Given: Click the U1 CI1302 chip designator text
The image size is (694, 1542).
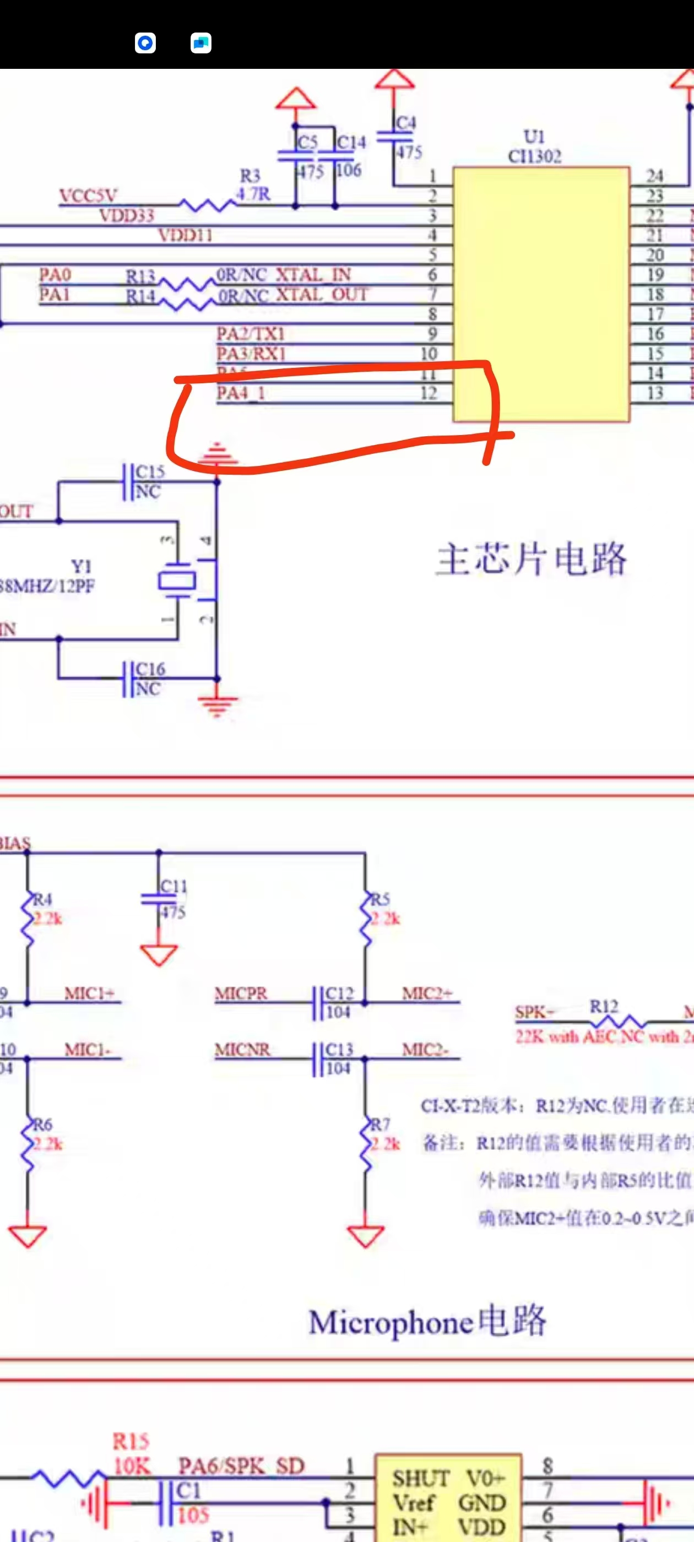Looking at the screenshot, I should (x=534, y=146).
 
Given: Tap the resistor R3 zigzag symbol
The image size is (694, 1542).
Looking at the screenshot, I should (x=208, y=205).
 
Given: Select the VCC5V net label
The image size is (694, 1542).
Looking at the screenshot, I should (x=88, y=196).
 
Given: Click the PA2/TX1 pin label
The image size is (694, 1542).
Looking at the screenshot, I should (x=250, y=333).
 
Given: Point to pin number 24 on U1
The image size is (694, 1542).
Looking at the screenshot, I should (x=654, y=176).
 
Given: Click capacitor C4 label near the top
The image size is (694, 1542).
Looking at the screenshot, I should (x=406, y=123).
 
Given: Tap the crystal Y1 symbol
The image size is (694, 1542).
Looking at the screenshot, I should (x=177, y=580).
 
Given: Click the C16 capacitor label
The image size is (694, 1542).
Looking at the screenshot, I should (x=150, y=669).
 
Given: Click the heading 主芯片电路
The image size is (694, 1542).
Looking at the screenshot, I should (x=530, y=559).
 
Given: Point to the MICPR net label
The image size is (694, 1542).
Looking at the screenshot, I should (x=241, y=993).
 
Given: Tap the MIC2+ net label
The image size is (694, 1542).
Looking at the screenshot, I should (x=426, y=993).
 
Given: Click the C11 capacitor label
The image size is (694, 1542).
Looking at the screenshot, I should (x=173, y=886).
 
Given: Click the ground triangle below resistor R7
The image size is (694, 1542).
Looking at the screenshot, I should (x=365, y=1235).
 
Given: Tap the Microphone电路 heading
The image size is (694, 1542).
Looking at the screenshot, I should (x=427, y=1322).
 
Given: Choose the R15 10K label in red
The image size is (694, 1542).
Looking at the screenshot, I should (x=131, y=1453).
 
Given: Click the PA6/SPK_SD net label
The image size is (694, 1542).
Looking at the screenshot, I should (x=241, y=1465).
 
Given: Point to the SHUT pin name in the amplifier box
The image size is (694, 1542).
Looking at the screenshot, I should (x=420, y=1479).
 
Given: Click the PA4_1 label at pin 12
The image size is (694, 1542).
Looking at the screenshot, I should (x=241, y=393).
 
